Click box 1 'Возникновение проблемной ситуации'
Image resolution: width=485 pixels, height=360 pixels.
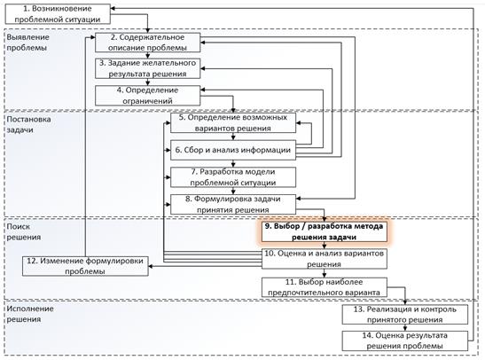tap(58, 14)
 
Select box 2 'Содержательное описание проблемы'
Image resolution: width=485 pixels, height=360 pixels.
tap(147, 43)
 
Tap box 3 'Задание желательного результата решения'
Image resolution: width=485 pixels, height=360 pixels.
tap(147, 68)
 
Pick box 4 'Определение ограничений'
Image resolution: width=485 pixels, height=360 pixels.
tap(147, 96)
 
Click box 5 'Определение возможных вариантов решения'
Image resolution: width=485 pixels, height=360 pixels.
tap(233, 122)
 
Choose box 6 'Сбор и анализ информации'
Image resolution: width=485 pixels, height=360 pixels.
tap(233, 150)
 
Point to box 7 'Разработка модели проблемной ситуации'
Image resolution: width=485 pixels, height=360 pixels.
tap(233, 177)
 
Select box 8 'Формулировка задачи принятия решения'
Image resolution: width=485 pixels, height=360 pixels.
tap(233, 204)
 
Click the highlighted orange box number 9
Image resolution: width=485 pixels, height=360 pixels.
tap(325, 231)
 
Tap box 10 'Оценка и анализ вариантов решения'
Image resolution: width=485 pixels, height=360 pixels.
tap(325, 259)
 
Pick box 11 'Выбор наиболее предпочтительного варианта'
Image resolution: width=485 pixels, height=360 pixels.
tap(325, 287)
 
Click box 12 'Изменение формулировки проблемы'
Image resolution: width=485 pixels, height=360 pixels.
tap(85, 266)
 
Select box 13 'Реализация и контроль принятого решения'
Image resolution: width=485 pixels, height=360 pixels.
tap(405, 315)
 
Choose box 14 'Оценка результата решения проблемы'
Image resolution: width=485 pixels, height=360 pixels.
tap(405, 340)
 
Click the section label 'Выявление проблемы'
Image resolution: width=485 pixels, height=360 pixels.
tap(27, 43)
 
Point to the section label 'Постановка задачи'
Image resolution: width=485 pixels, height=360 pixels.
tap(28, 124)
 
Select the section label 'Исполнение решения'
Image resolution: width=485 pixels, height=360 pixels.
tap(30, 314)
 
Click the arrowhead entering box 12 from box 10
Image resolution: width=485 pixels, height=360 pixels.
tap(151, 266)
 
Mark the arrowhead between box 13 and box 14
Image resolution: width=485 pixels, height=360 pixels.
tap(405, 329)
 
